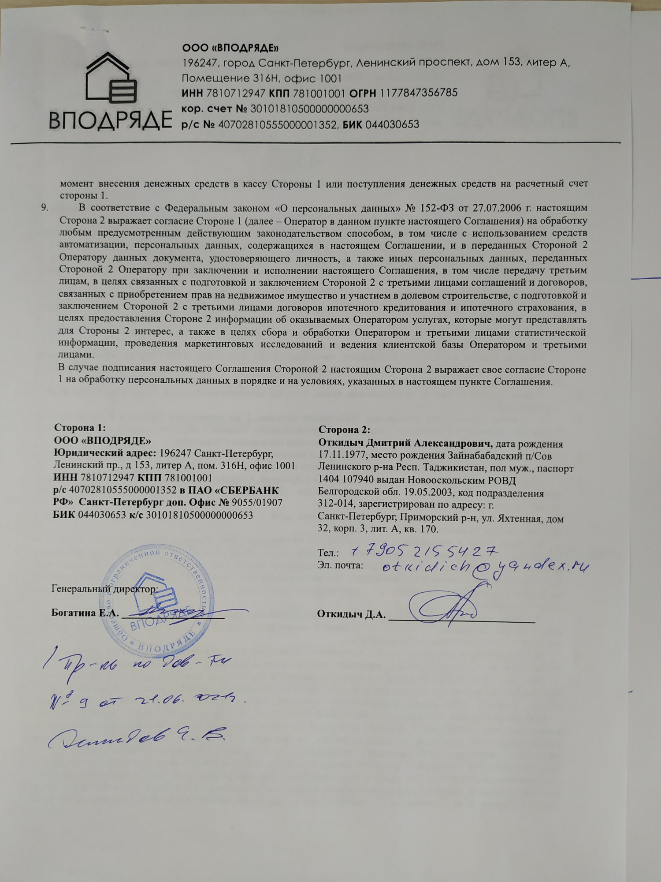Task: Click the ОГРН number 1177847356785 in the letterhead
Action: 419,93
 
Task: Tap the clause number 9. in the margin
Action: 45,208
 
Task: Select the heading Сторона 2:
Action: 344,430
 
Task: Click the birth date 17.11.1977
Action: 342,456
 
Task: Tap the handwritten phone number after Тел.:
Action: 425,550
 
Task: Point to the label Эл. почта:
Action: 340,565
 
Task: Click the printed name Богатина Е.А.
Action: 85,613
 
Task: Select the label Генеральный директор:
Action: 104,589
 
